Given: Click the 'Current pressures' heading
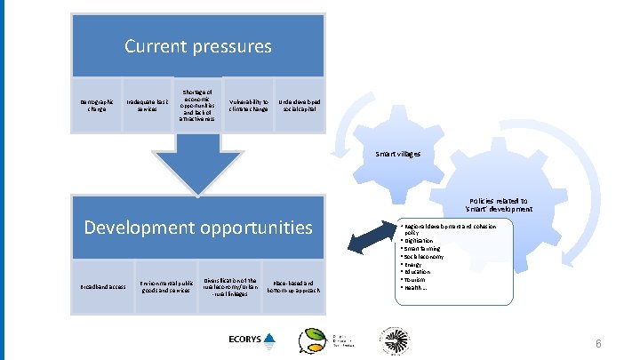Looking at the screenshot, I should coord(197,44).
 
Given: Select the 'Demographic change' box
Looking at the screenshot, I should coord(96,106).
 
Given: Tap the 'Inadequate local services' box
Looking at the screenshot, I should coord(146,106).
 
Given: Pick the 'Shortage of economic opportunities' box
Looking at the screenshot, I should coord(197,106).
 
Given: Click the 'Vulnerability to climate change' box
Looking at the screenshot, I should coord(249,106).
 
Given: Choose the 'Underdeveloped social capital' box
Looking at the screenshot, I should coord(300,106).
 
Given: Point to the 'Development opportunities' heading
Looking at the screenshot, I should coord(197,227).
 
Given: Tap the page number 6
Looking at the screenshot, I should coord(599,343).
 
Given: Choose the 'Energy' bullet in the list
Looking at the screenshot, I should coord(416,264).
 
